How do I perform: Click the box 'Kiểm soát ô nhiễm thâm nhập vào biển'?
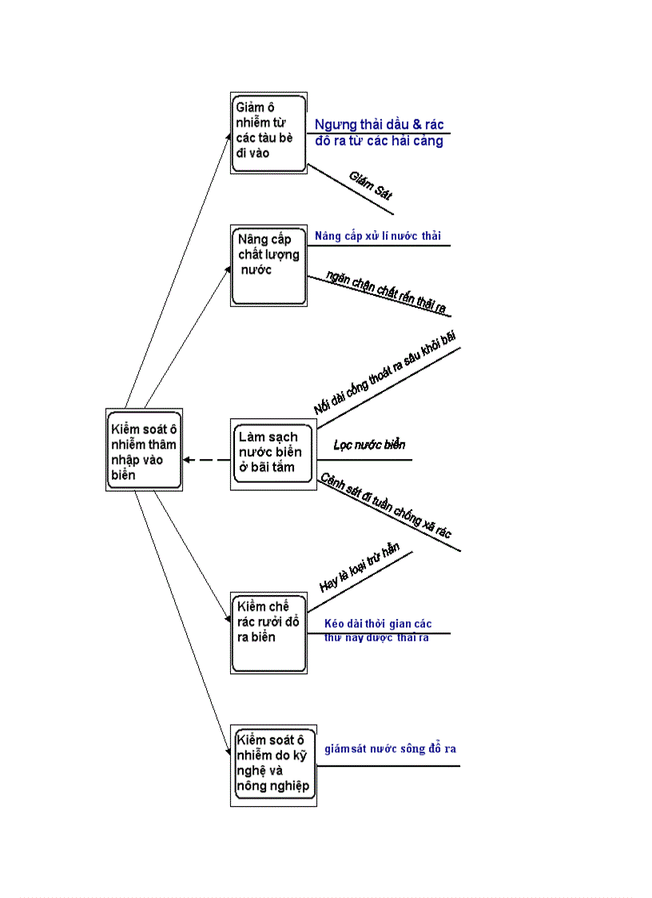pos(144,449)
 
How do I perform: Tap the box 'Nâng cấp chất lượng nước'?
pos(268,265)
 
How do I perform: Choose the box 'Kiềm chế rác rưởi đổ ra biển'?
pos(268,633)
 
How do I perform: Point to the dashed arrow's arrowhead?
pos(187,460)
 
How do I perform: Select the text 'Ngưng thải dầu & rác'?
pos(379,125)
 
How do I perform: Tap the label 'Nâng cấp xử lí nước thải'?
pos(377,236)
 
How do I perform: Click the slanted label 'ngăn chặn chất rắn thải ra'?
pos(387,293)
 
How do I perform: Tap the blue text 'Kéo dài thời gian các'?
pos(378,624)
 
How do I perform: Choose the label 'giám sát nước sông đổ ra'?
pos(390,749)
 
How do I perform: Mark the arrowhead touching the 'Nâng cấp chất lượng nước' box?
pos(229,269)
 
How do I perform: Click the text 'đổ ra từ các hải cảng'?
pos(379,142)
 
